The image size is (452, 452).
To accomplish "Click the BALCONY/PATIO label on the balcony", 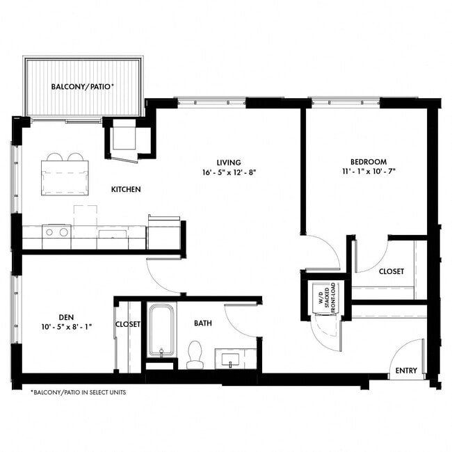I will (82, 88).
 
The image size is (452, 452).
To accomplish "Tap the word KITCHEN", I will (126, 189).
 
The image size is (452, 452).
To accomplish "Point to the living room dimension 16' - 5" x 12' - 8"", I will (224, 171).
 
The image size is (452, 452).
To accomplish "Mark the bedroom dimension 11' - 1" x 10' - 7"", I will (369, 171).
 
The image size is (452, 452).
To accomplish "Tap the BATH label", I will (203, 323).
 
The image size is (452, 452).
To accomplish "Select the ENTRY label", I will (406, 371).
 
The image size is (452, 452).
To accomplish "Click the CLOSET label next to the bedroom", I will (391, 272).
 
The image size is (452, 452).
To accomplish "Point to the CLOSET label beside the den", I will (128, 324).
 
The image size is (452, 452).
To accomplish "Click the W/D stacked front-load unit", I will (324, 300).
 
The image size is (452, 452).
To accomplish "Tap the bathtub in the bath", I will (161, 330).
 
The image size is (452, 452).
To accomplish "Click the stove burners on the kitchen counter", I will (56, 232).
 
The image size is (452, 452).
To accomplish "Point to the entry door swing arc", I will (410, 351).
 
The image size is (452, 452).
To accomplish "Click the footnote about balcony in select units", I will (78, 392).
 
